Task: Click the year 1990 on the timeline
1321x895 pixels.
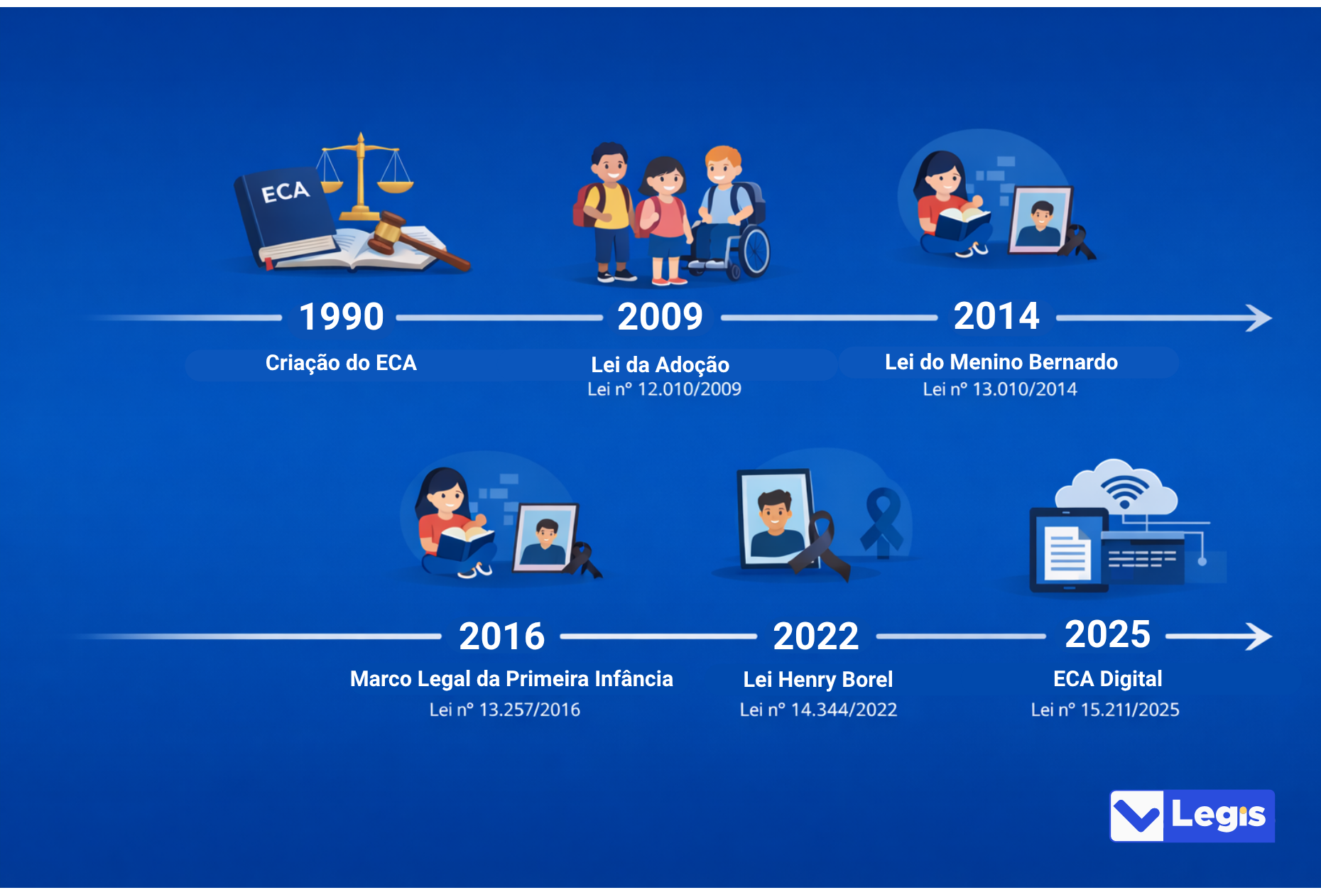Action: click(342, 317)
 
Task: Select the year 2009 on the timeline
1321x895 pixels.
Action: click(660, 317)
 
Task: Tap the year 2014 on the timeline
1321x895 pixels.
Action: click(996, 316)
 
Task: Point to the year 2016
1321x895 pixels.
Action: click(501, 636)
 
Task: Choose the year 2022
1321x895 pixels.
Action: click(816, 636)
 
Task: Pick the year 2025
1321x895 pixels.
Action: click(1107, 634)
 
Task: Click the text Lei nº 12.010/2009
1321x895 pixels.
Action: click(664, 389)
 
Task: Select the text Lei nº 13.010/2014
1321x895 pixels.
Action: click(999, 389)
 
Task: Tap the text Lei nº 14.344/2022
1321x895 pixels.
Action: click(818, 710)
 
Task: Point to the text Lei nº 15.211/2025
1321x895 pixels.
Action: click(1105, 710)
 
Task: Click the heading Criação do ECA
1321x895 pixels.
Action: click(341, 363)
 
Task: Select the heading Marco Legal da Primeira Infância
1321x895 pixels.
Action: click(511, 679)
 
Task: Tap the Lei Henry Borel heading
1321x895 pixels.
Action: click(818, 680)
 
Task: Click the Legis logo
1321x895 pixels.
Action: click(1192, 816)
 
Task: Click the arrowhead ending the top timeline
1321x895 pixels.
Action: click(1259, 318)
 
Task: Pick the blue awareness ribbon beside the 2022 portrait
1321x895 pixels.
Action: click(883, 522)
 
